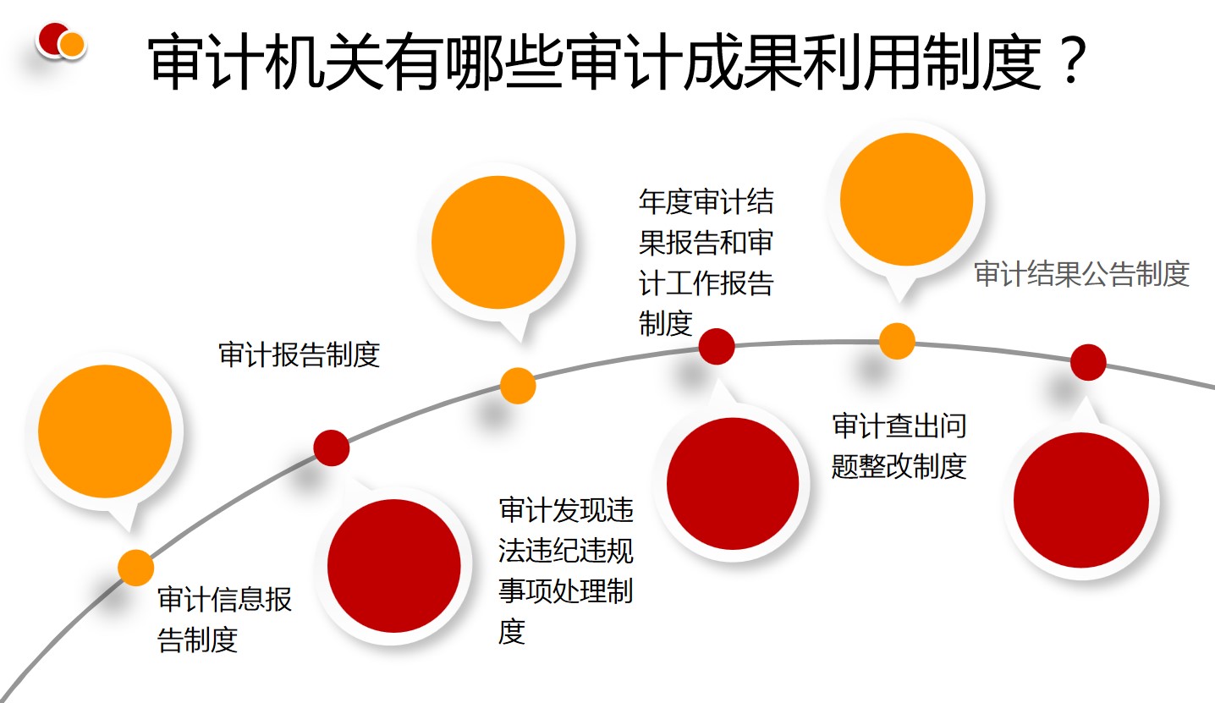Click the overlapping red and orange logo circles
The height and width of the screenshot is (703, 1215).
point(61,40)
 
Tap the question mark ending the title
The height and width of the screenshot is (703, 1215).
point(1073,61)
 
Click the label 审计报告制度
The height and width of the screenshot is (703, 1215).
point(299,354)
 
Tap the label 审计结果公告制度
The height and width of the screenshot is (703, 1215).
point(1082,273)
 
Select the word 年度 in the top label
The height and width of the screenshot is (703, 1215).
point(666,201)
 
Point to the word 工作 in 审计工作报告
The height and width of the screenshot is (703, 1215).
point(693,283)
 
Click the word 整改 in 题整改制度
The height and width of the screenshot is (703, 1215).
point(885,466)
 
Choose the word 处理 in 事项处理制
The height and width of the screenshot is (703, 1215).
point(579,590)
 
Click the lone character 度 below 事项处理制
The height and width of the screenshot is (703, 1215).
point(512,631)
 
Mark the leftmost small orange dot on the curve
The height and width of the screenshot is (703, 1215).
point(135,568)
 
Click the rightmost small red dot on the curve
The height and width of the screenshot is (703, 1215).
point(1088,362)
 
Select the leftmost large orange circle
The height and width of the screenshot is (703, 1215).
point(105,431)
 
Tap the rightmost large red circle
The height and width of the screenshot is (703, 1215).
point(1081,500)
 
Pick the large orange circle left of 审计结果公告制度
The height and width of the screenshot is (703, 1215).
point(906,199)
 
